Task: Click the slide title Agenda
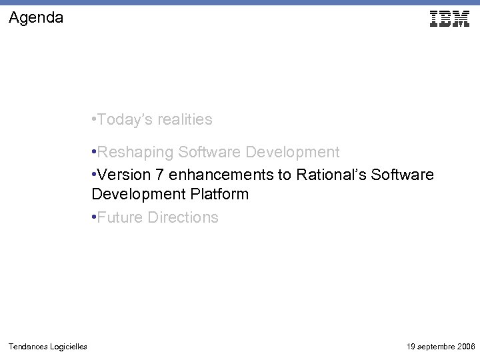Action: pyautogui.click(x=37, y=18)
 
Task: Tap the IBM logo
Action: pyautogui.click(x=449, y=19)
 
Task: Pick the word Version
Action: pyautogui.click(x=124, y=175)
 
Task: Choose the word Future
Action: pyautogui.click(x=119, y=218)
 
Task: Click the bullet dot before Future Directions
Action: pyautogui.click(x=94, y=218)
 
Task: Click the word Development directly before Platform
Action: pyautogui.click(x=134, y=195)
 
